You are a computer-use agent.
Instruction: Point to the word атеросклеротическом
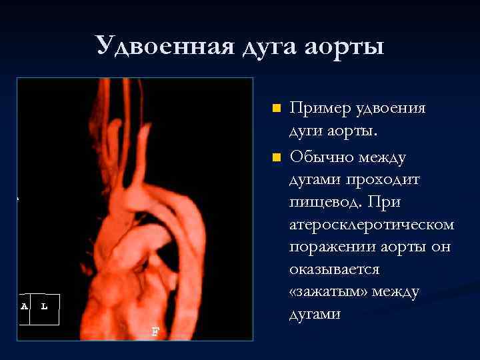tap(371, 225)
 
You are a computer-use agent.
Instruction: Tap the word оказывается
tap(334, 269)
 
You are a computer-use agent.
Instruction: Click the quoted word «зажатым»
tap(329, 291)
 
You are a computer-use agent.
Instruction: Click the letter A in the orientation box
tap(25, 306)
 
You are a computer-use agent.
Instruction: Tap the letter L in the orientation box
tap(44, 306)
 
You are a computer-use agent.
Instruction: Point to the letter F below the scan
tap(155, 331)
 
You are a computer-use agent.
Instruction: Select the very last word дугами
tap(315, 314)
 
